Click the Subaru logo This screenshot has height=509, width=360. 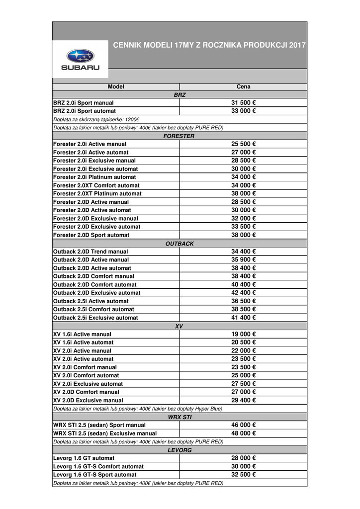pos(80,59)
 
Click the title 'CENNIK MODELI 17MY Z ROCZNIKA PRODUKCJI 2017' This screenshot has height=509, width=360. pos(209,45)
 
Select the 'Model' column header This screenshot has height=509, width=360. pos(116,86)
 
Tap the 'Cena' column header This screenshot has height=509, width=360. pos(243,86)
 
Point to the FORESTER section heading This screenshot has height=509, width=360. pos(179,136)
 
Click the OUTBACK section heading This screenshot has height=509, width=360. pos(179,244)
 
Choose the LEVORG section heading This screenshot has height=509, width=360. pos(179,450)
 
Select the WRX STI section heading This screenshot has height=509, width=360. pos(179,417)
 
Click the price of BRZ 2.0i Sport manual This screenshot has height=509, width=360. pos(243,103)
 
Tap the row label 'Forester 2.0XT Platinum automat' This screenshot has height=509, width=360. pos(97,193)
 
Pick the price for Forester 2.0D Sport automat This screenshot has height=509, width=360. pos(243,235)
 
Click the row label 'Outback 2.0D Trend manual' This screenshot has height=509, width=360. pos(90,252)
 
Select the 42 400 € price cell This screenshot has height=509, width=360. pos(243,293)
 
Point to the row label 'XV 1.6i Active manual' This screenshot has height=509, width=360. pos(82,334)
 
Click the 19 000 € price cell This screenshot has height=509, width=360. pos(243,334)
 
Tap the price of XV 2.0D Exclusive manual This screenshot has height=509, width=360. pos(243,400)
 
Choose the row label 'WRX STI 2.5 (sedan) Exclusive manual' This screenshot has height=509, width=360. pos(104,433)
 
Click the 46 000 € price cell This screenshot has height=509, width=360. pos(243,425)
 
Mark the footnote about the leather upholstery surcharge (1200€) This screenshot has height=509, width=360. pos(96,119)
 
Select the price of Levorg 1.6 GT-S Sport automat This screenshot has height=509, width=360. pos(243,475)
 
